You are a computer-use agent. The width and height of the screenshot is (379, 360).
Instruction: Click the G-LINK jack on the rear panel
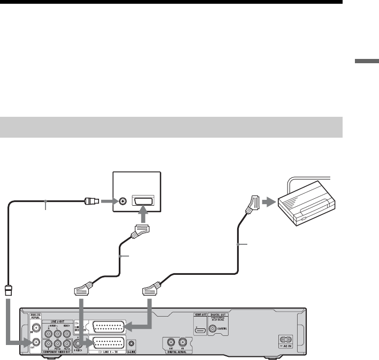pos(132,343)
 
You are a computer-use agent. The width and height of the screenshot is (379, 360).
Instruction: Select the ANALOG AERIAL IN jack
pos(35,326)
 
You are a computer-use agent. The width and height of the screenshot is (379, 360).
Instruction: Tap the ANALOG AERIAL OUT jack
pos(35,343)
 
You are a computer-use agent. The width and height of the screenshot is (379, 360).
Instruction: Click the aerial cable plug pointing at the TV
pos(90,202)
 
